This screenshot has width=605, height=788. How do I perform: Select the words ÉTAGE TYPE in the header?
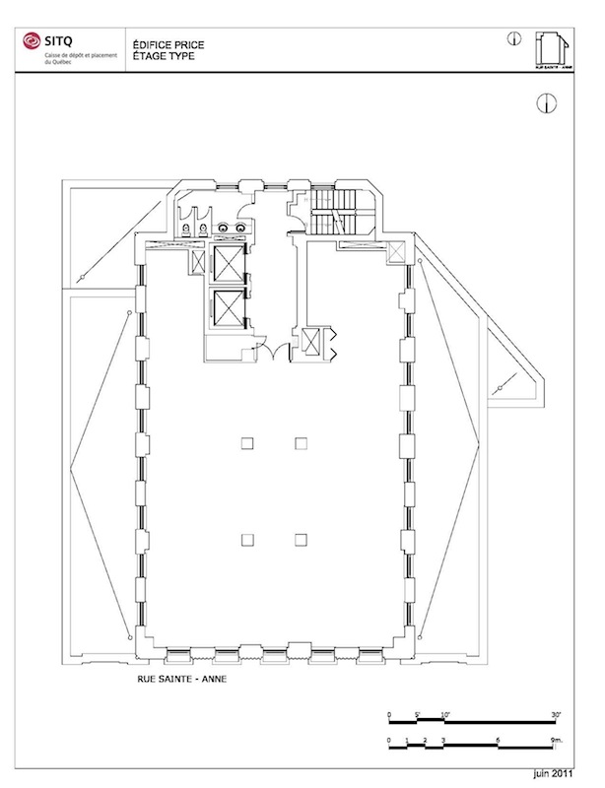(x=157, y=57)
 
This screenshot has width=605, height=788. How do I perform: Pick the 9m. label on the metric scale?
(x=557, y=739)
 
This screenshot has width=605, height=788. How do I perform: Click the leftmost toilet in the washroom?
(x=184, y=229)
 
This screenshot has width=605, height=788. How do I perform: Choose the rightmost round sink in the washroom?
(x=241, y=228)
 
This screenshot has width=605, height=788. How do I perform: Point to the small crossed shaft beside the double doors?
(x=313, y=342)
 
